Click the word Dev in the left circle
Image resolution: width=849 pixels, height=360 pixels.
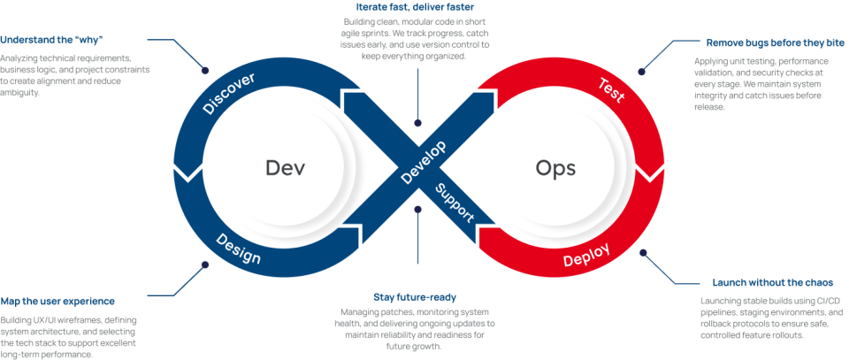click(285, 167)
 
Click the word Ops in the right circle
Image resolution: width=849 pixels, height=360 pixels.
click(555, 167)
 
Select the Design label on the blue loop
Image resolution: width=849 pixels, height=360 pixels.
click(239, 249)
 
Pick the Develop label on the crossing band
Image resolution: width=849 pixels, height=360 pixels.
click(424, 163)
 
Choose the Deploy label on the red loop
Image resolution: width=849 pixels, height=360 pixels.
click(586, 256)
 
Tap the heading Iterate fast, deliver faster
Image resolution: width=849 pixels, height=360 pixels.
click(417, 7)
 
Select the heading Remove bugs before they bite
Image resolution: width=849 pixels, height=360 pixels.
click(776, 42)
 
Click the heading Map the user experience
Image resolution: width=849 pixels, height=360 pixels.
click(57, 301)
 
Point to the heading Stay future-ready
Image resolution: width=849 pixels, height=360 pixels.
click(416, 296)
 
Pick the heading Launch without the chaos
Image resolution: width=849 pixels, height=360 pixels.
click(774, 283)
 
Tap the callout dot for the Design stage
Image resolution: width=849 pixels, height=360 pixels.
click(205, 264)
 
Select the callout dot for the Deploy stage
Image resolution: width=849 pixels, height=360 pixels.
click(643, 252)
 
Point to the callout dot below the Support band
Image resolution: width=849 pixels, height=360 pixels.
click(417, 211)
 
